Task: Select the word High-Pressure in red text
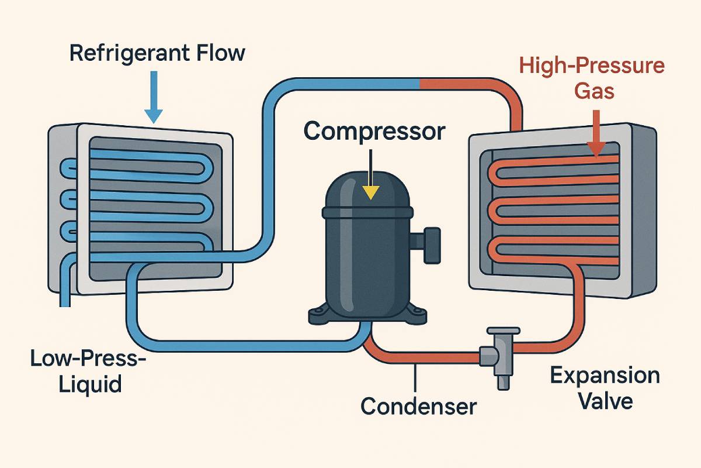click(x=592, y=66)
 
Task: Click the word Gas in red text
click(x=592, y=91)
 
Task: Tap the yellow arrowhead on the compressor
click(x=370, y=192)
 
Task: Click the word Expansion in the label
click(x=605, y=376)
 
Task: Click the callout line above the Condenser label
click(x=415, y=377)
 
